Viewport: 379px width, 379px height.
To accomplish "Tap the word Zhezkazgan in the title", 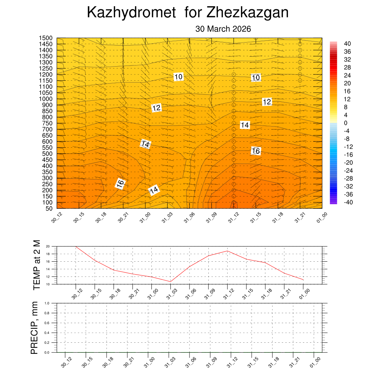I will click(x=247, y=13).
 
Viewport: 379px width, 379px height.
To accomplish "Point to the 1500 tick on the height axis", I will click(x=46, y=38).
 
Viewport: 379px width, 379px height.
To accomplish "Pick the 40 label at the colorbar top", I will click(x=347, y=43).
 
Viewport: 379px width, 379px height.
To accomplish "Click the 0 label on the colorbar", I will click(x=346, y=123).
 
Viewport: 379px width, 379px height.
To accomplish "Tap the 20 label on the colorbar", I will click(x=347, y=83).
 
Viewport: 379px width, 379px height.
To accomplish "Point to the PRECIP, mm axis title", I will click(x=34, y=328).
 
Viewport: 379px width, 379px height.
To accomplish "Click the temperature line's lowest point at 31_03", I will click(x=171, y=282).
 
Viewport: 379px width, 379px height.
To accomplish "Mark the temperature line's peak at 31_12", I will click(x=227, y=251).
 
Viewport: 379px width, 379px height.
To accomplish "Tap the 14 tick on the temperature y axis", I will click(x=48, y=269).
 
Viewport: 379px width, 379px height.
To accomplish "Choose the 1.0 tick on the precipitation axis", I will click(x=47, y=303).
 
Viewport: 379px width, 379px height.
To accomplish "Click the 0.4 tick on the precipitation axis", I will click(x=47, y=333).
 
